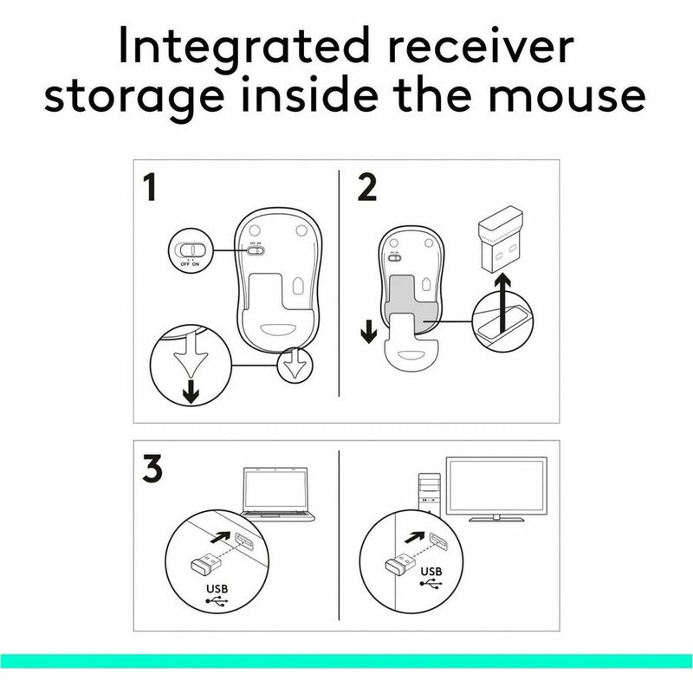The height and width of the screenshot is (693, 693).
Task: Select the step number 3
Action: point(152,470)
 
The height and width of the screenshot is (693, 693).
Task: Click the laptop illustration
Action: point(276,494)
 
